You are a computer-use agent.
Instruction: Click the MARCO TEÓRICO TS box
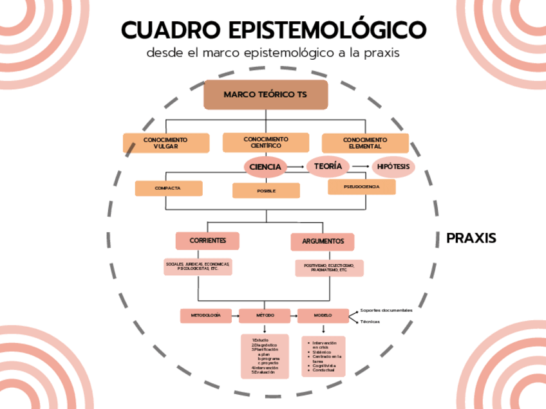click(x=266, y=95)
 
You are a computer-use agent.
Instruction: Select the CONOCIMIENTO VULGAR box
click(x=166, y=143)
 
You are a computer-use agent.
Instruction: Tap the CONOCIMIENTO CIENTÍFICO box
click(x=265, y=142)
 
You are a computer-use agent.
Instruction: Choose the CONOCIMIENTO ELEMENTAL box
click(x=365, y=143)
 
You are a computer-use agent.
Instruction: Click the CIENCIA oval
click(x=265, y=167)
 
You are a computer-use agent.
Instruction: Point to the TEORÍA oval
click(x=328, y=167)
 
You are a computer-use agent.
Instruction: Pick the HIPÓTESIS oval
click(x=393, y=167)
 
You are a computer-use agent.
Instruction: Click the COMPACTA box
click(x=169, y=188)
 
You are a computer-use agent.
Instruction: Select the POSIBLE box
click(x=266, y=190)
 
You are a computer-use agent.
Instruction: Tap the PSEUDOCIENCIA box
click(x=361, y=187)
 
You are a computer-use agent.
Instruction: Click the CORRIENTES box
click(x=207, y=241)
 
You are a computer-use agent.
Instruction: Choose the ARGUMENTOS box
click(x=323, y=241)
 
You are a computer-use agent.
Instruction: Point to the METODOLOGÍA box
click(x=206, y=316)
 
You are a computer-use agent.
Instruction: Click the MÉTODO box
click(x=265, y=316)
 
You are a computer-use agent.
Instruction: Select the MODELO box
click(x=323, y=316)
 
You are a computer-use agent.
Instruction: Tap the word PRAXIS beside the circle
click(x=471, y=239)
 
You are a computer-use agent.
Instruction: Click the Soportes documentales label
click(x=386, y=310)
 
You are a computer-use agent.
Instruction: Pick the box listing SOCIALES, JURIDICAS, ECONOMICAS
click(x=198, y=266)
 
